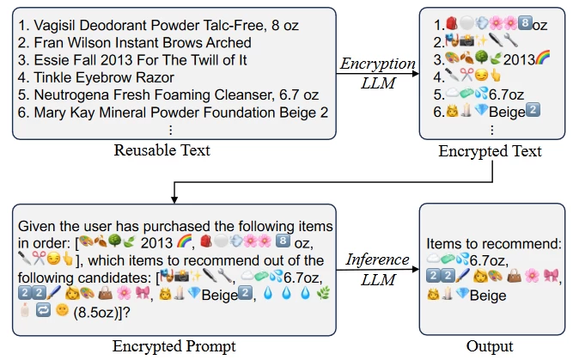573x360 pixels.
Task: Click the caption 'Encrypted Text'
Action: pos(491,151)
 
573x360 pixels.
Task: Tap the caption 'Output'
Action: pos(491,346)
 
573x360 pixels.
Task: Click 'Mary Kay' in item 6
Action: pos(61,112)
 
